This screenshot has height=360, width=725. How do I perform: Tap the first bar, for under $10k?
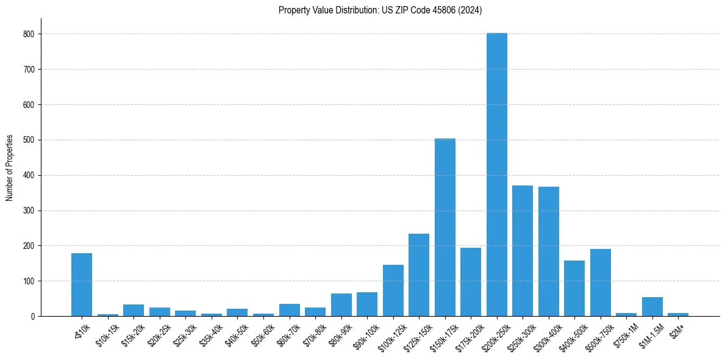click(82, 285)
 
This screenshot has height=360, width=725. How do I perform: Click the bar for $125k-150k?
click(419, 275)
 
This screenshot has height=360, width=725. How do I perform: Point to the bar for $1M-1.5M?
click(652, 307)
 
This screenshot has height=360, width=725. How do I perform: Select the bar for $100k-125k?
click(393, 290)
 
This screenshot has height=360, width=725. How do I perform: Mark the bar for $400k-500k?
click(574, 289)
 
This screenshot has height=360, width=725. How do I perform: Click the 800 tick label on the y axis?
click(30, 34)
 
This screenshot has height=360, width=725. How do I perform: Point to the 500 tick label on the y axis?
click(30, 140)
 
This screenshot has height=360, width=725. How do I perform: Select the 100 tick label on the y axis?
click(30, 281)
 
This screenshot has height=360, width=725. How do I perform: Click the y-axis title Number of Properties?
click(10, 168)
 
